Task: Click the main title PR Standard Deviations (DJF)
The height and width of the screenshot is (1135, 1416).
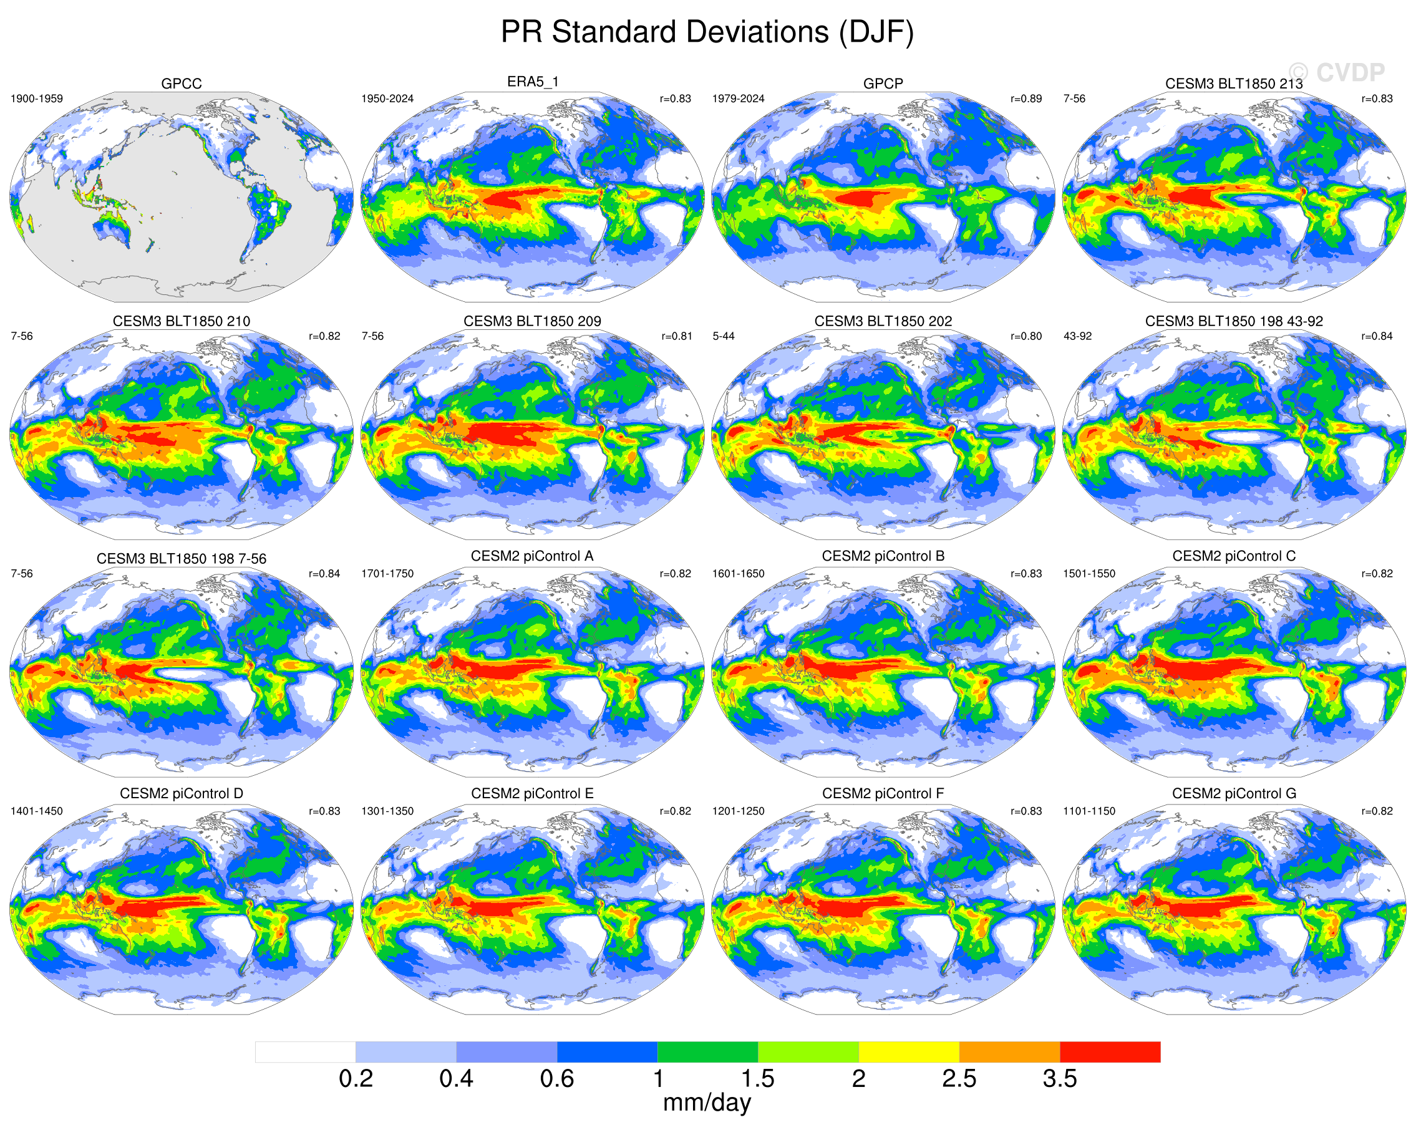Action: tap(707, 32)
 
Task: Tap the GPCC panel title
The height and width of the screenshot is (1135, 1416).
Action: tap(182, 84)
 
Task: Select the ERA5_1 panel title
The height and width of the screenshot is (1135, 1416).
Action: tap(532, 82)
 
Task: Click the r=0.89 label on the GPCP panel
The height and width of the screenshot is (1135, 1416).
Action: tap(1026, 99)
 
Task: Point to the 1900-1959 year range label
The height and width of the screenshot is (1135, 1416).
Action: tap(37, 99)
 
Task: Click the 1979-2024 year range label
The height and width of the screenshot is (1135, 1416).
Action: tap(738, 99)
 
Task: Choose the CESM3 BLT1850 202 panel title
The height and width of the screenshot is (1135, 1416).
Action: tap(883, 321)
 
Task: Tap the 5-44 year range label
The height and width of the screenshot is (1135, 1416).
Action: tap(723, 336)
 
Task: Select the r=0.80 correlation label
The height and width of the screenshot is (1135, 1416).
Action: tap(1026, 336)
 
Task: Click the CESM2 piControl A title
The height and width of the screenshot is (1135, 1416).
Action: tap(532, 556)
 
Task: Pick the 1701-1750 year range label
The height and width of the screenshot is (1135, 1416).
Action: tap(387, 574)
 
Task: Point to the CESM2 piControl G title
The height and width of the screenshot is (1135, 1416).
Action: tap(1233, 794)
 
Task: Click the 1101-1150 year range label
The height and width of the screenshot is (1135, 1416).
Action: tap(1089, 811)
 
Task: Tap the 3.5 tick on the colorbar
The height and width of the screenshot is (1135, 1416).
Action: tap(1059, 1078)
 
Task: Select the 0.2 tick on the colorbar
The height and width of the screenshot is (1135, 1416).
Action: tap(356, 1078)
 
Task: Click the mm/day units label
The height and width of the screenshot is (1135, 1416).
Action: tap(707, 1103)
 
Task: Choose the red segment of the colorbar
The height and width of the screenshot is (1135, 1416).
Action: tap(1110, 1051)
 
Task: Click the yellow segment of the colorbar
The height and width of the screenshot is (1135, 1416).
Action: tap(908, 1051)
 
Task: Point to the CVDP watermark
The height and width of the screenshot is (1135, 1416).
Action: tap(1337, 72)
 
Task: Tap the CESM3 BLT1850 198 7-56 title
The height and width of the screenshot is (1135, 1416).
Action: tap(182, 559)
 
